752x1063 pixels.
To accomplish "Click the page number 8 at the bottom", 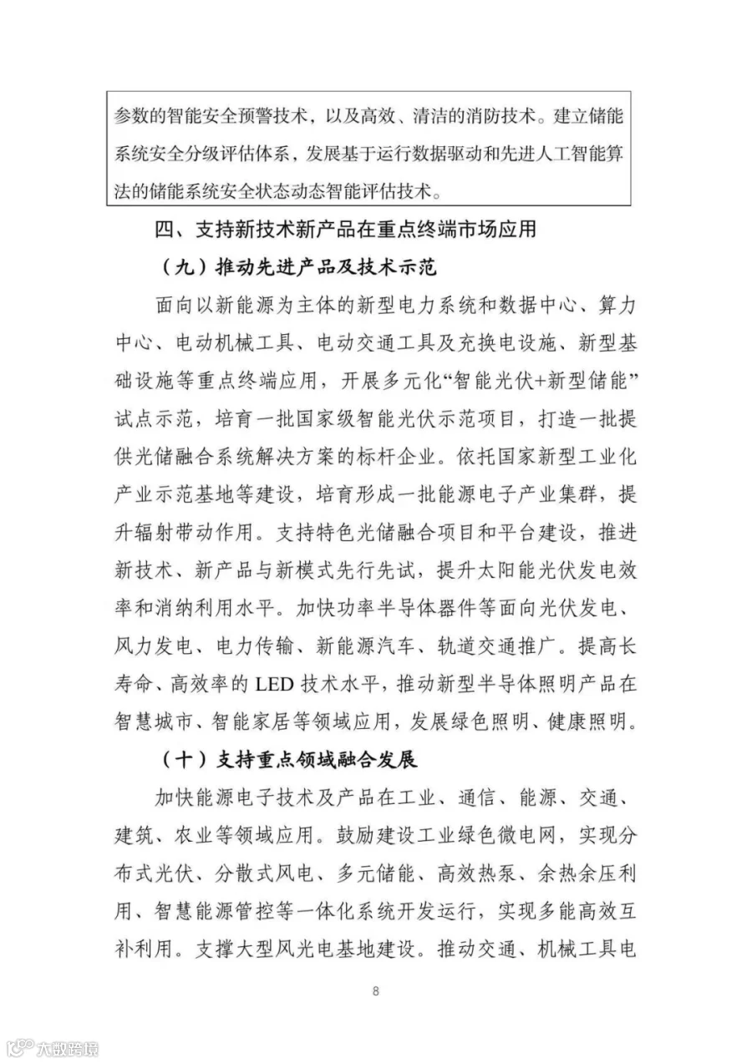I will [376, 991].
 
